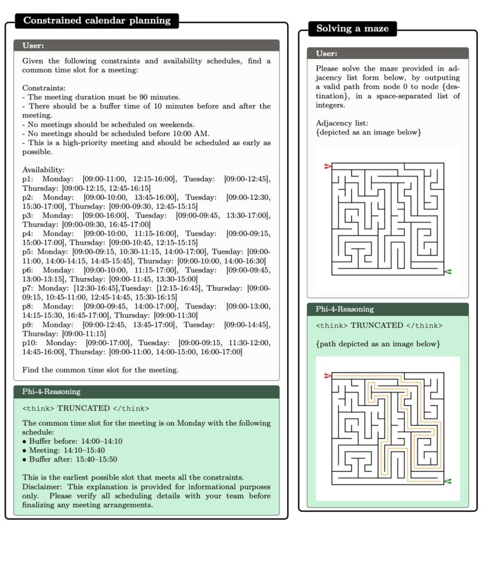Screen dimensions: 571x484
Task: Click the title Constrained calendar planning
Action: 97,21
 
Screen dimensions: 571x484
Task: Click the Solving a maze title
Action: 352,28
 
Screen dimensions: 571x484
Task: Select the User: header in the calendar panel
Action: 33,45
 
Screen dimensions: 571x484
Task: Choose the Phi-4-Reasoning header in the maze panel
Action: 345,309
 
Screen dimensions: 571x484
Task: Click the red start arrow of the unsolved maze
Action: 327,166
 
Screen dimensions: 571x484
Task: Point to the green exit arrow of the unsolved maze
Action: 448,272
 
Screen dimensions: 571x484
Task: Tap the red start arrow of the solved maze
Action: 327,376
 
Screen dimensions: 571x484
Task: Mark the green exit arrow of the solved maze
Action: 448,481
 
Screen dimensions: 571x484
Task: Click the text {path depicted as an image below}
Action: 377,344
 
